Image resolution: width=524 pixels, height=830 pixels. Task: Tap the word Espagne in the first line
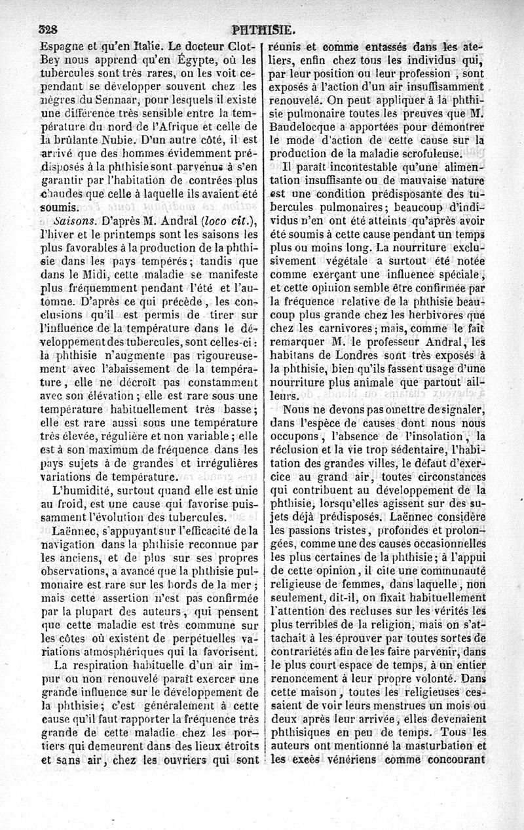click(x=64, y=47)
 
